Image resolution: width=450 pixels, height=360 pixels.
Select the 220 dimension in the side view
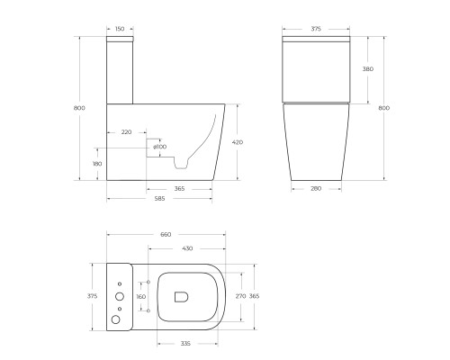[x=126, y=132]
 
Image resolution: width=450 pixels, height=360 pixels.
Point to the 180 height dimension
[x=96, y=164]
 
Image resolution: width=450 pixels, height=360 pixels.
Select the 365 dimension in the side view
[x=179, y=188]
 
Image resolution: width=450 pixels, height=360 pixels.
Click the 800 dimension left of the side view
[x=79, y=108]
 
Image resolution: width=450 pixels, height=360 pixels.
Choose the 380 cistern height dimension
[x=367, y=69]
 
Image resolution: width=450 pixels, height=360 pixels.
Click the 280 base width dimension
[x=317, y=188]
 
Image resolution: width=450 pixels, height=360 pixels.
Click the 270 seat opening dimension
[x=239, y=294]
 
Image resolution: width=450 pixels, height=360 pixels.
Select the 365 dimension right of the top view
[x=255, y=294]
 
